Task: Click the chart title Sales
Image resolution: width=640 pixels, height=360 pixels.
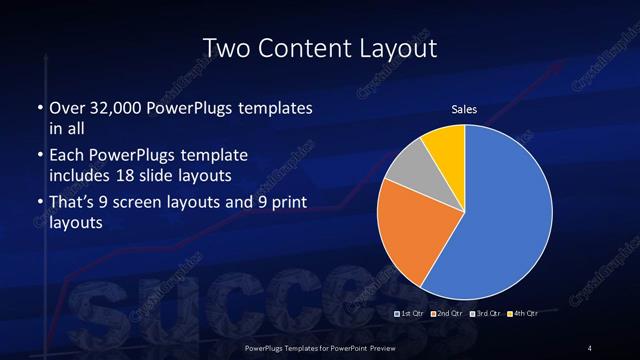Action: (x=464, y=109)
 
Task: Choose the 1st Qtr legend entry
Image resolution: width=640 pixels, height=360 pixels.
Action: (x=411, y=314)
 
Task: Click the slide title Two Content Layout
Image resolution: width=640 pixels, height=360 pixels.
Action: (x=320, y=47)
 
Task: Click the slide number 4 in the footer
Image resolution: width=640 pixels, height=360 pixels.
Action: (x=590, y=347)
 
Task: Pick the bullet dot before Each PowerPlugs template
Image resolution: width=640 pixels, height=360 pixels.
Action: (x=39, y=157)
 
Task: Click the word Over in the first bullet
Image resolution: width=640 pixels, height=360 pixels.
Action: (x=66, y=108)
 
